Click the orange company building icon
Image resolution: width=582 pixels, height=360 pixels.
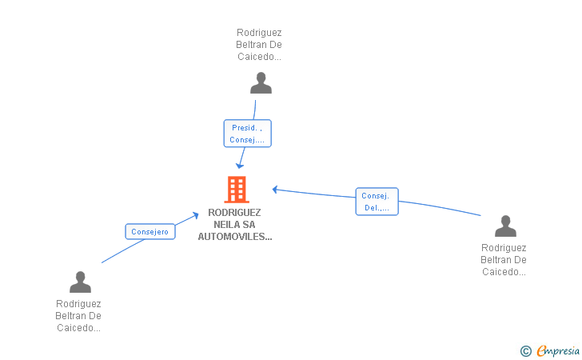click(x=237, y=190)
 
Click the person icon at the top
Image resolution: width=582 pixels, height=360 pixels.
click(x=261, y=83)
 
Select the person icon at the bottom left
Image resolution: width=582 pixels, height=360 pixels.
click(x=80, y=282)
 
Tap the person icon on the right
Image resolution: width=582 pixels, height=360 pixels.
click(x=505, y=226)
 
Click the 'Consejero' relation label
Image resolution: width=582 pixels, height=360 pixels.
click(x=150, y=232)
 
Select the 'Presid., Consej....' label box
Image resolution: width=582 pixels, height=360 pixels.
click(x=247, y=134)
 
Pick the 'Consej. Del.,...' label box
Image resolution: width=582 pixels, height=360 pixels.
click(x=377, y=202)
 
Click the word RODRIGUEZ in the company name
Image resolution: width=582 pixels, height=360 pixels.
click(x=235, y=213)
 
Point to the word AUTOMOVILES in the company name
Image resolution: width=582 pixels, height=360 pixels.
click(x=235, y=237)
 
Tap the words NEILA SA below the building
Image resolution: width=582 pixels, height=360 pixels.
click(x=235, y=225)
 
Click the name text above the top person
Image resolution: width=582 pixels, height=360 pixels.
click(x=259, y=45)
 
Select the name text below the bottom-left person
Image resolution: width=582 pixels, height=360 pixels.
click(x=78, y=315)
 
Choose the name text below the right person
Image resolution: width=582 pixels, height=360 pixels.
click(x=504, y=260)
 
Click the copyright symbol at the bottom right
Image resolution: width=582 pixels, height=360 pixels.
click(x=525, y=350)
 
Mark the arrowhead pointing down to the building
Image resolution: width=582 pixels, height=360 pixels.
click(x=239, y=165)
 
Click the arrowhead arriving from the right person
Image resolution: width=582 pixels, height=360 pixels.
click(x=275, y=190)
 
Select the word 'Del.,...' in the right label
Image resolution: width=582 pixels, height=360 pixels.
click(x=377, y=208)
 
